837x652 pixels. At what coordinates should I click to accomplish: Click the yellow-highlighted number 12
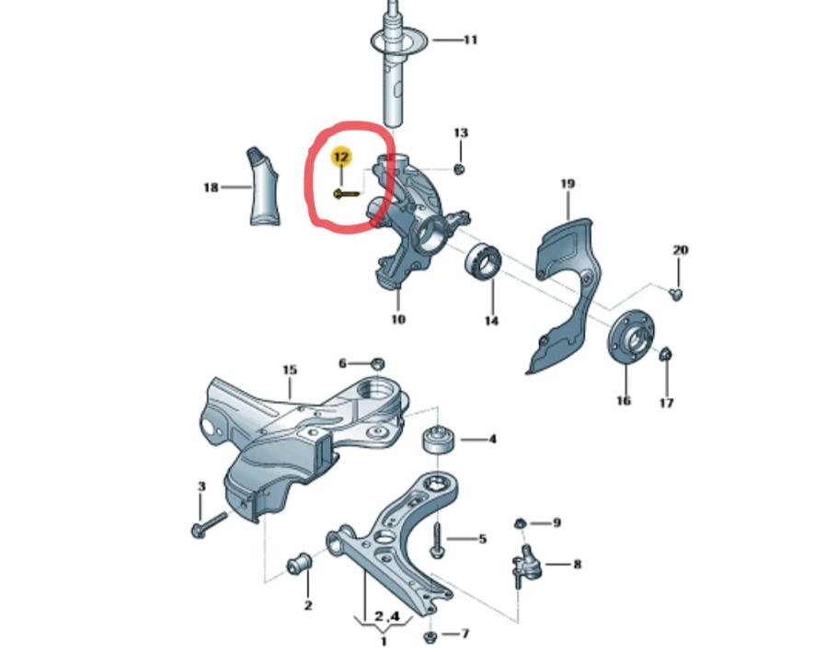click(341, 157)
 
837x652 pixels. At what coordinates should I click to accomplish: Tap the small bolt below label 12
click(347, 194)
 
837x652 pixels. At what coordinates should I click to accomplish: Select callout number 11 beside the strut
click(470, 40)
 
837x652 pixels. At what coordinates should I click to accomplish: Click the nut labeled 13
click(459, 169)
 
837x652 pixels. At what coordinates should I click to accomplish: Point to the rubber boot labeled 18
click(264, 187)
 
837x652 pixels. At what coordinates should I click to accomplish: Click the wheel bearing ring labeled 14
click(483, 260)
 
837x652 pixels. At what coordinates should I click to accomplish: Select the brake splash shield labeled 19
click(568, 292)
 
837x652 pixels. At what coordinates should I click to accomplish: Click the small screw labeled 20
click(676, 293)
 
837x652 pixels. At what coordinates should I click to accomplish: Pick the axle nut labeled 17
click(666, 354)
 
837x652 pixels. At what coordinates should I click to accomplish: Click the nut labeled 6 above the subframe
click(377, 363)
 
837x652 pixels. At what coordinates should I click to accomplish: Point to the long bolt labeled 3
click(209, 523)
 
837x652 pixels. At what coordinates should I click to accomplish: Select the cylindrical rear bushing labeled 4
click(439, 440)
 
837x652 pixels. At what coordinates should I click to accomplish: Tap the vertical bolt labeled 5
click(437, 541)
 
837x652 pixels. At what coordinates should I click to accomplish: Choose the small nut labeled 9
click(520, 523)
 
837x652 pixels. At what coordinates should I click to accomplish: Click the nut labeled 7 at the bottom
click(430, 636)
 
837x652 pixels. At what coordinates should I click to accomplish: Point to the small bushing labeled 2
click(300, 564)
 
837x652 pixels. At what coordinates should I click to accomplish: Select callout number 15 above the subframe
click(290, 370)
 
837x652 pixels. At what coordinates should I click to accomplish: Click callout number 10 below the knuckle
click(398, 319)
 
